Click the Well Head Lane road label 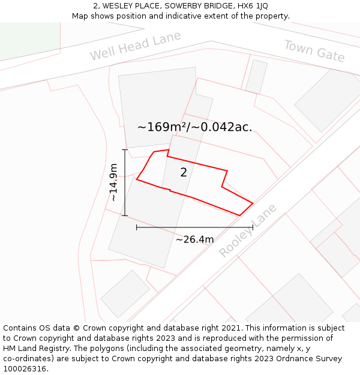tap(135, 46)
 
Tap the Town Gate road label tap(314, 51)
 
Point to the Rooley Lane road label tap(248, 230)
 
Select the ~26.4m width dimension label tap(194, 239)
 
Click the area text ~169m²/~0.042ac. tap(194, 127)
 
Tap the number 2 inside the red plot tap(184, 173)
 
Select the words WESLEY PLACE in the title tap(130, 6)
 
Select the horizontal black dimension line tap(194, 227)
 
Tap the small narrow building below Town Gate tap(256, 76)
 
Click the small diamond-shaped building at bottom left tap(125, 293)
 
